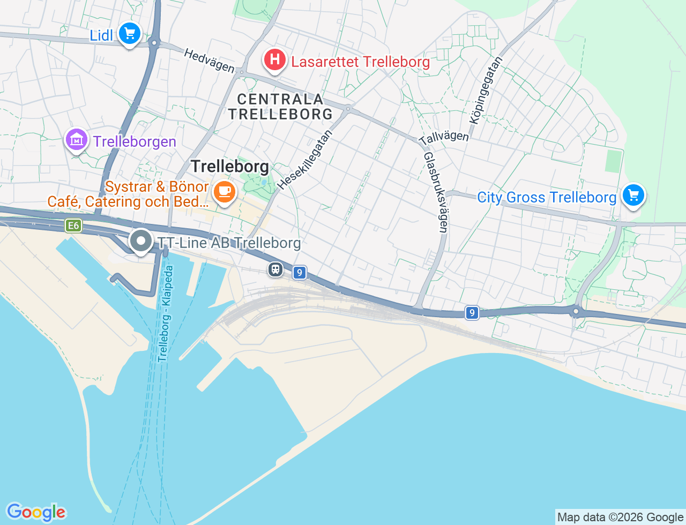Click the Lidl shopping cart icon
[x=129, y=34]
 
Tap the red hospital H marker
[x=274, y=59]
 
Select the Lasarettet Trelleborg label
[x=360, y=62]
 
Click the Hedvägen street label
[x=209, y=61]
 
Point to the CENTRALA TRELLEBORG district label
[x=280, y=107]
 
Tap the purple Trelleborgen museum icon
[x=77, y=140]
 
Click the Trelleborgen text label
[x=135, y=141]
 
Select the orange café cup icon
[x=224, y=191]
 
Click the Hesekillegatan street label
[x=305, y=160]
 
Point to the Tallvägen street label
[x=444, y=138]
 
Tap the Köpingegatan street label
[x=486, y=91]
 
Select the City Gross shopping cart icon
[x=633, y=195]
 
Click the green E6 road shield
[x=73, y=226]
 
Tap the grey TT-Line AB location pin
[x=141, y=241]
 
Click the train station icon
[x=275, y=269]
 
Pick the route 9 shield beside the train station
[x=299, y=273]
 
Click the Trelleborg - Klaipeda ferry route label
[x=166, y=313]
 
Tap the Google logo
[x=36, y=512]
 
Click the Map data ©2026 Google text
[x=620, y=517]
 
